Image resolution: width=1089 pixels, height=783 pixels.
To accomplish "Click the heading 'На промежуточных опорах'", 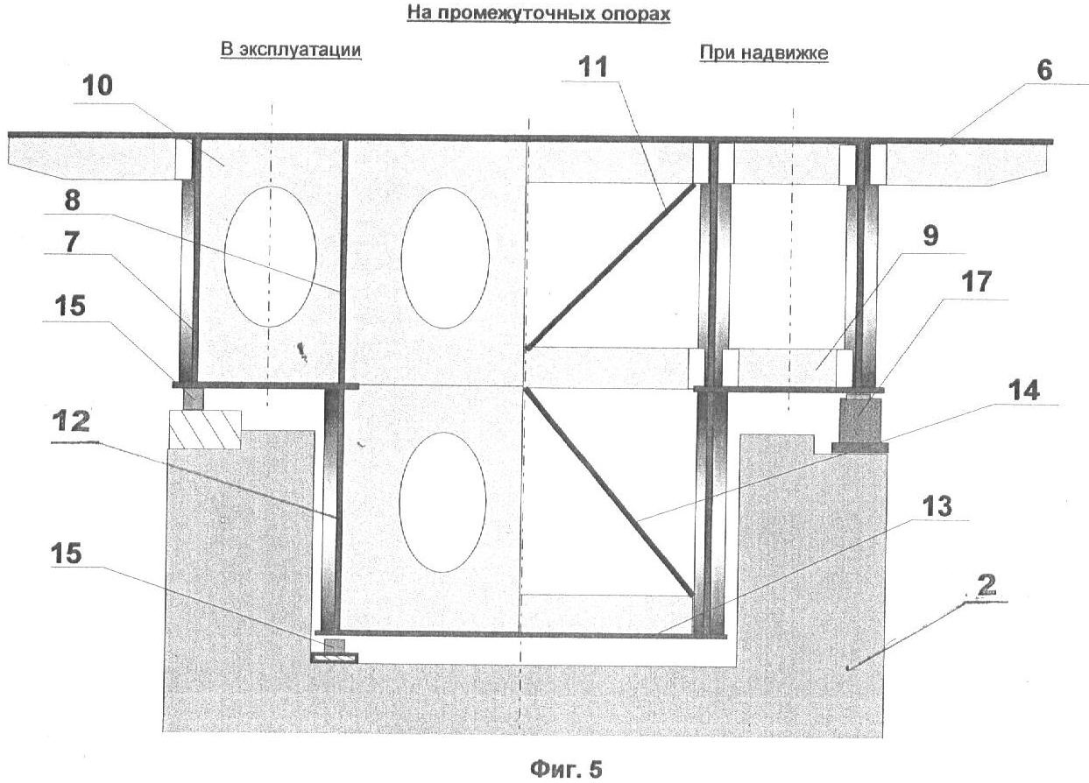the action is [538, 15].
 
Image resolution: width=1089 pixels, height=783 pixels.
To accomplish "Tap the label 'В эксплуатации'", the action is [290, 50].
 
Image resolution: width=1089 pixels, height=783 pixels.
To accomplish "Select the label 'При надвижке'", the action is [763, 53].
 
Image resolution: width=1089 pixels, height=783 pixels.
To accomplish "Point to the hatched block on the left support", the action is [204, 429].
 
